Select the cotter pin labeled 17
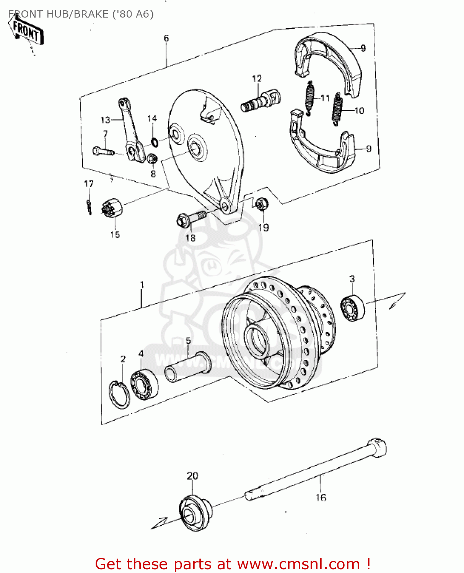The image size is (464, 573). [x=89, y=207]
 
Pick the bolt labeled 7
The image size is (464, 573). [x=103, y=151]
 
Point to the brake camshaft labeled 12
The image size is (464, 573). [x=261, y=100]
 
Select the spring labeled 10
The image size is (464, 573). [x=337, y=108]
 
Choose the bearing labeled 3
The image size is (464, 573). [x=352, y=308]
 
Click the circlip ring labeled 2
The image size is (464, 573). [x=119, y=394]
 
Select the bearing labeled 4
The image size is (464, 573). [x=144, y=384]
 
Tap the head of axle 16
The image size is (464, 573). [x=377, y=447]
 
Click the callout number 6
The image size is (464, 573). [x=166, y=38]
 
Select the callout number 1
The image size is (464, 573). [x=142, y=285]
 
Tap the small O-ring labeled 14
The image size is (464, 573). [x=155, y=142]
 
